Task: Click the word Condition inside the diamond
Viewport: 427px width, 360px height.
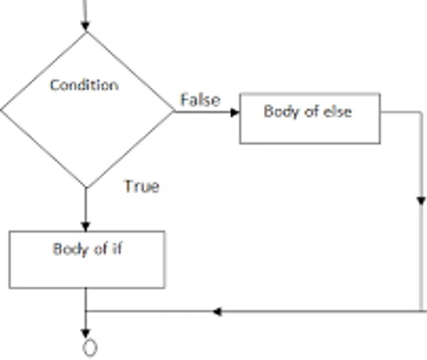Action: pos(84,85)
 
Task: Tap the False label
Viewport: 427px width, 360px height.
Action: pos(201,100)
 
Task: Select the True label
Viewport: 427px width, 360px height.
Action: pos(142,187)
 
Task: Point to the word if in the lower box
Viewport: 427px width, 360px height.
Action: pos(117,249)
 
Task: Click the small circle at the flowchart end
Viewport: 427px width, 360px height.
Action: pos(90,347)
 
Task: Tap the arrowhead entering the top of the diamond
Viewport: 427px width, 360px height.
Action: pos(85,27)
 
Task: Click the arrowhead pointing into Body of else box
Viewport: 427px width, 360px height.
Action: pos(235,112)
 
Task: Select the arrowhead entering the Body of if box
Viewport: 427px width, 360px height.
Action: pos(85,227)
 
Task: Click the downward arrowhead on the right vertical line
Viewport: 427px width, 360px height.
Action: pos(421,201)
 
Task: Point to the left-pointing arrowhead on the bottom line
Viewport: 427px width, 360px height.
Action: pos(217,311)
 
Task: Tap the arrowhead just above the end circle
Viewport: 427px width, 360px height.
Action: pos(85,333)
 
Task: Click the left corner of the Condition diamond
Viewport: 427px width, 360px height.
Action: pos(1,110)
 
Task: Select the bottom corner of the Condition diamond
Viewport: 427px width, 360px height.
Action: pos(86,188)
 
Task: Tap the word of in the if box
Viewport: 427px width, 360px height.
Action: pos(100,249)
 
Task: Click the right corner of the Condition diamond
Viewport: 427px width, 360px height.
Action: pos(174,111)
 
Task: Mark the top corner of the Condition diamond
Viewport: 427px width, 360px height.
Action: pos(86,33)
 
